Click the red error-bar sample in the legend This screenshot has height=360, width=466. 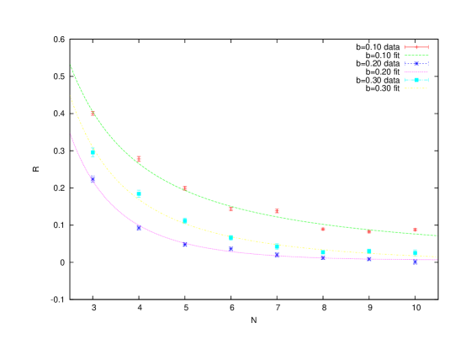(416, 47)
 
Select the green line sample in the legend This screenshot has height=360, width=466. (416, 56)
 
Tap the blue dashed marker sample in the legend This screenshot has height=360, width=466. (416, 64)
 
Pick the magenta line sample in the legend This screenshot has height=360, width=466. (416, 71)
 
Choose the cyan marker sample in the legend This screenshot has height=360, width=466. (416, 80)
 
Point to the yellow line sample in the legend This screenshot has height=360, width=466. (416, 87)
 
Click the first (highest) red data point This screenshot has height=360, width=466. (93, 113)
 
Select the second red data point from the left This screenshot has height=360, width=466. (139, 158)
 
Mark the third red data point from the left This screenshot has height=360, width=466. (185, 188)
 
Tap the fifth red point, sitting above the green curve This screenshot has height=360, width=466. (277, 211)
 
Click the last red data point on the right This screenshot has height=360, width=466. (415, 230)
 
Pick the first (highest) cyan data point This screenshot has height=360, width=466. (93, 152)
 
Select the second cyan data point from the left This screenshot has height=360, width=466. (139, 193)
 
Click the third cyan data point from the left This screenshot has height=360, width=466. (185, 220)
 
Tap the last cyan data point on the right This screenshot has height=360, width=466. (415, 252)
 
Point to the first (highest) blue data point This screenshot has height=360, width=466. (93, 177)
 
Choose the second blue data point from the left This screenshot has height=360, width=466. (139, 228)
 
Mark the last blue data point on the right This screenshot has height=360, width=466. (415, 262)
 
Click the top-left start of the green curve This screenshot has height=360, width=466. (71, 65)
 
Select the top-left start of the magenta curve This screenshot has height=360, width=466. (71, 134)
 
